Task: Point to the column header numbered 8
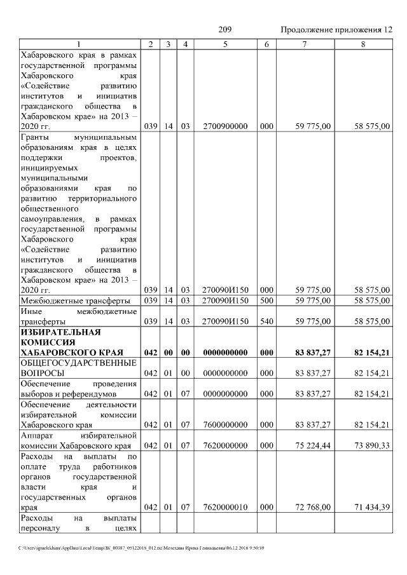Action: pos(363,44)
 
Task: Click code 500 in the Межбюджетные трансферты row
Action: pos(266,301)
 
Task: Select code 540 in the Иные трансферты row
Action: pos(266,322)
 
